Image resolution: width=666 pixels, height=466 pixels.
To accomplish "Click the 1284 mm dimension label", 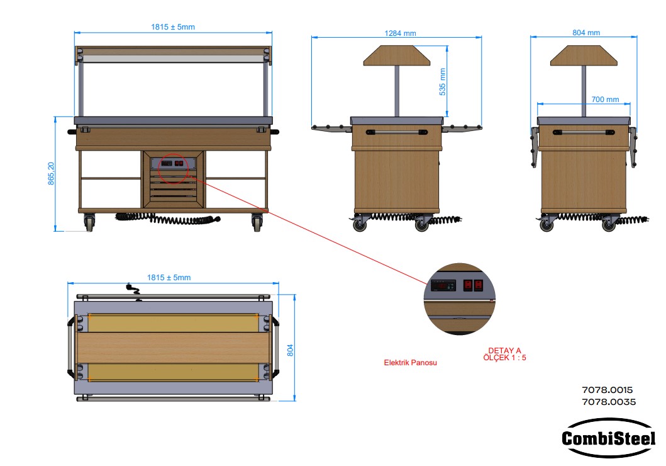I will coord(400,33).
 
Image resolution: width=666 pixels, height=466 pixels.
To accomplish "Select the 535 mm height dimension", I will coord(442,81).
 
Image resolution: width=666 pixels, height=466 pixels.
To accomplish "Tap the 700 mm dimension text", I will coord(605,99).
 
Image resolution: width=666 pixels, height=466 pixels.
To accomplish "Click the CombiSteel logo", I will coord(608,438).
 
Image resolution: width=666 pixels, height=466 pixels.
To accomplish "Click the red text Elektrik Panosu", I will coord(410,363).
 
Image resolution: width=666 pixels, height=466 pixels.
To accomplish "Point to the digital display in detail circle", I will coord(443,285).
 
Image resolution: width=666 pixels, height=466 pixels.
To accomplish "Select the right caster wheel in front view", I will coord(257,222).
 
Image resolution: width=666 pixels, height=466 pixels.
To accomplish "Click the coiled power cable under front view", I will coord(170,220).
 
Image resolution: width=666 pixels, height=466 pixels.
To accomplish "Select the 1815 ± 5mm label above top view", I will coord(169,278).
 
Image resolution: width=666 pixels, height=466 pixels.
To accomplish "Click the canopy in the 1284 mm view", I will coord(397,57).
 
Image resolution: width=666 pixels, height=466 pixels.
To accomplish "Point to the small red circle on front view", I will coord(174,164).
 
